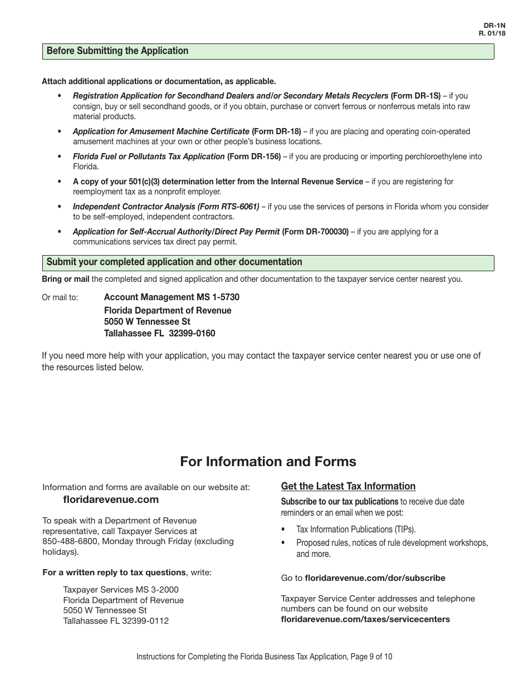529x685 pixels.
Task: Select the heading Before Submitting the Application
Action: click(117, 51)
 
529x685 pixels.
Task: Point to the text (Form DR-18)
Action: click(276, 132)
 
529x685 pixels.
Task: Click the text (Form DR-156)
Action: click(254, 157)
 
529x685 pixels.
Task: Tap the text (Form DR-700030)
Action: click(315, 232)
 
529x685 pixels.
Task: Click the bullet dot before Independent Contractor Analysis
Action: click(60, 207)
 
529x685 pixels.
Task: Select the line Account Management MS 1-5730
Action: click(172, 297)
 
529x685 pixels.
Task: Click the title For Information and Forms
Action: click(268, 462)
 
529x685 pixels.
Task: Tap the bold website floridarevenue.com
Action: click(111, 500)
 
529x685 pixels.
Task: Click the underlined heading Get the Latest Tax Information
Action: click(348, 487)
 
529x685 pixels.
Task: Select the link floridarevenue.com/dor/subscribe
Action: click(375, 579)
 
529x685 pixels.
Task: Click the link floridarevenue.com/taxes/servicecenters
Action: click(365, 619)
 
